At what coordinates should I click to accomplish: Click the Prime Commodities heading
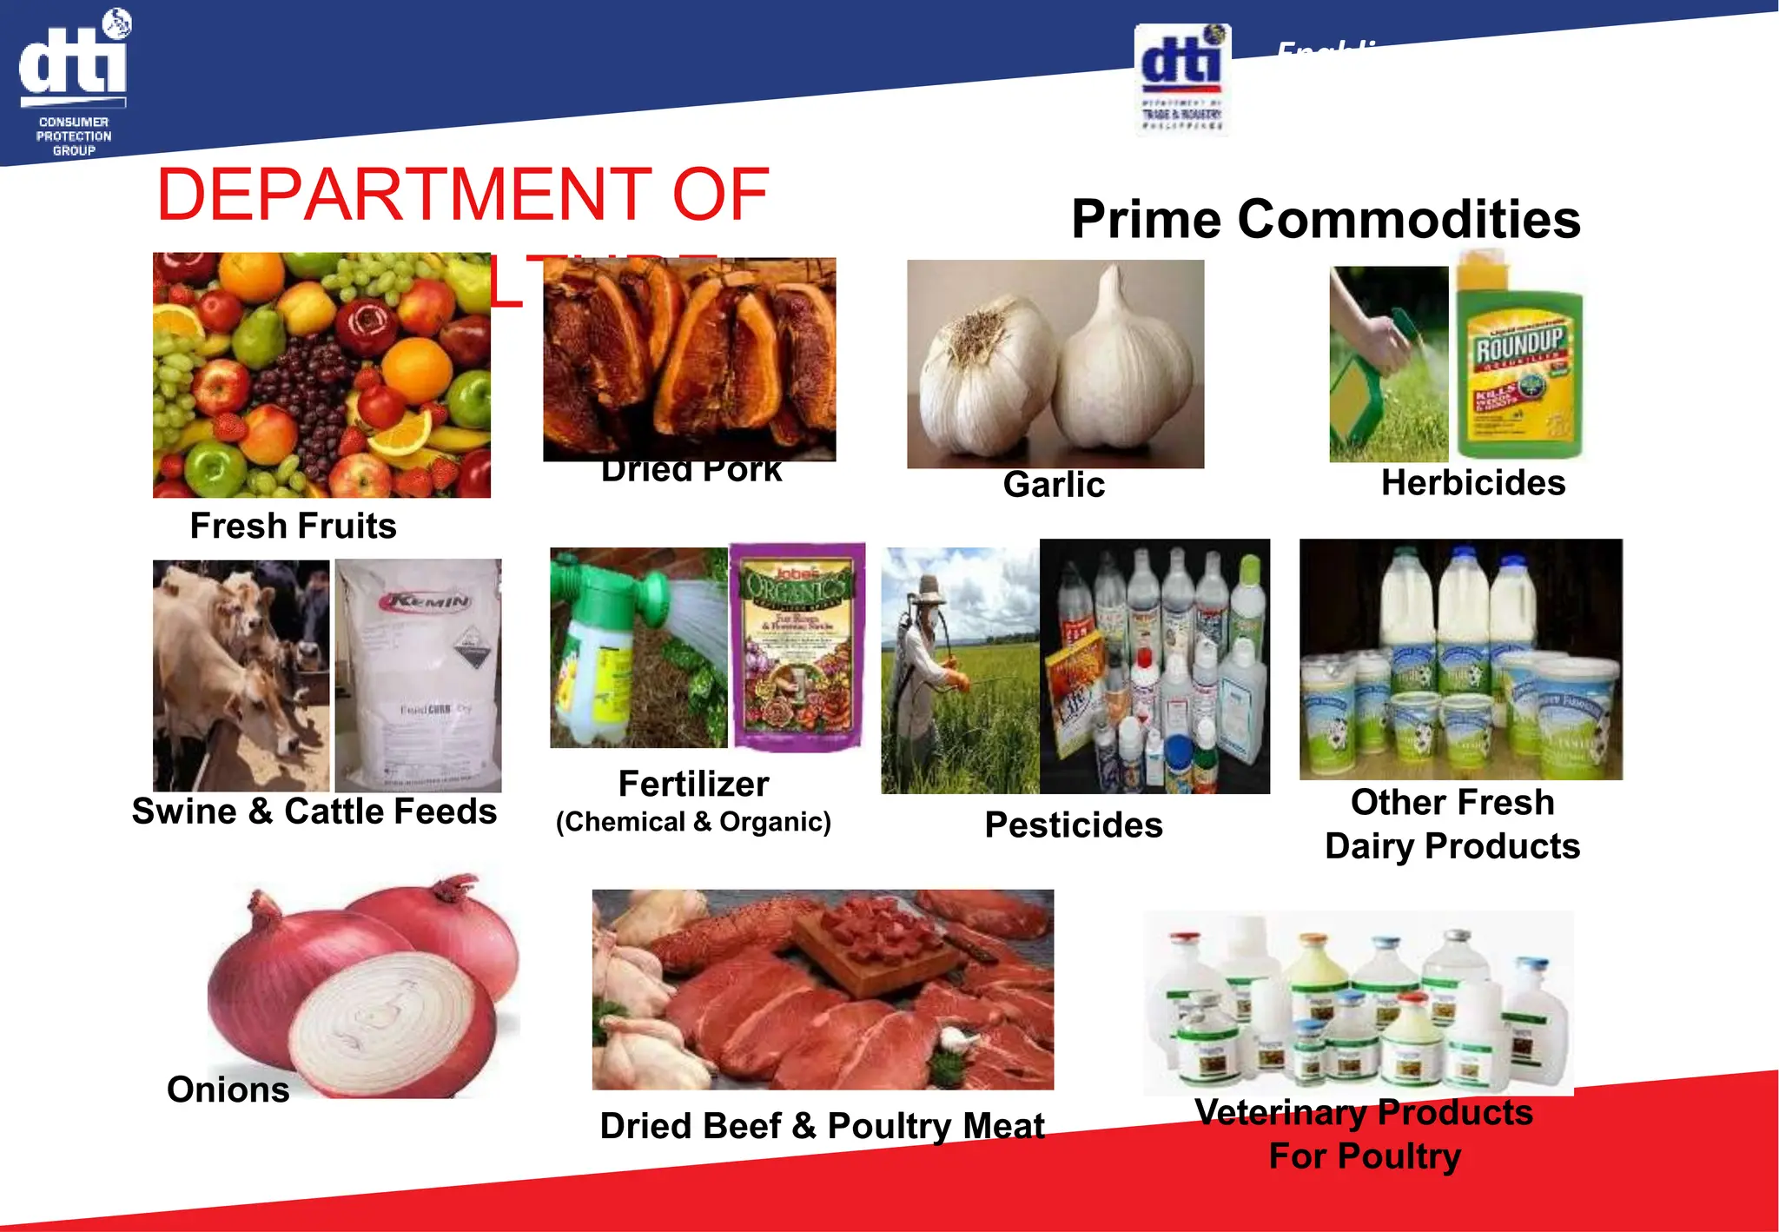tap(1326, 219)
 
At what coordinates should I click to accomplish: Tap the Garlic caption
tap(1054, 485)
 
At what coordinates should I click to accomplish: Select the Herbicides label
tap(1473, 483)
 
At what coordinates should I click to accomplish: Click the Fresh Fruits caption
tap(293, 526)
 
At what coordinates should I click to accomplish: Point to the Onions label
tap(228, 1090)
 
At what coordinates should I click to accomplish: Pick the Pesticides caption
tap(1074, 825)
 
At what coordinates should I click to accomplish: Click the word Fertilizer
tap(693, 784)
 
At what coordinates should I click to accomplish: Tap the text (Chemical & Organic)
tap(693, 822)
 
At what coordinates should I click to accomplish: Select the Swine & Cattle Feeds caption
tap(314, 811)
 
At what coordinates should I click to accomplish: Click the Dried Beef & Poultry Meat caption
tap(822, 1126)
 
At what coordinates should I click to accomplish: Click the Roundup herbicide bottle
tap(1519, 365)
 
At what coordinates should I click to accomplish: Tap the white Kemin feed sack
tap(418, 674)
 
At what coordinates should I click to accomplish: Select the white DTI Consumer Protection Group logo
tap(74, 83)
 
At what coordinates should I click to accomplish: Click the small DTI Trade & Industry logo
tap(1181, 80)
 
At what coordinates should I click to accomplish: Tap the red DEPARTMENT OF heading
tap(462, 195)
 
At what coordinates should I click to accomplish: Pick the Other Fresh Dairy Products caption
tap(1452, 824)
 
